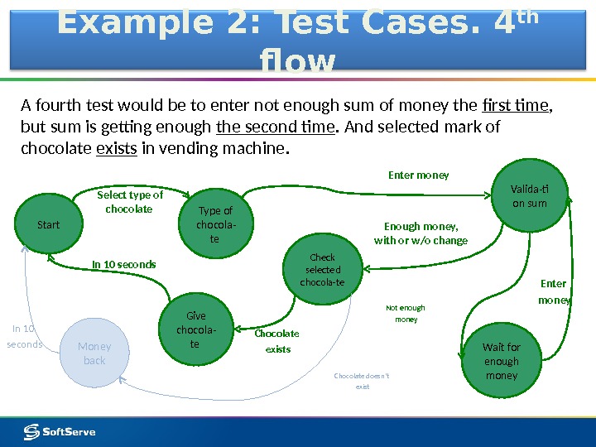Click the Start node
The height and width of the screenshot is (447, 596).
tap(49, 224)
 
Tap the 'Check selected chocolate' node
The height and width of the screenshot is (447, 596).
tap(322, 271)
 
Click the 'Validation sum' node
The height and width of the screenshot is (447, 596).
tap(529, 195)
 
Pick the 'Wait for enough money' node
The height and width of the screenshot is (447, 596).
tap(501, 361)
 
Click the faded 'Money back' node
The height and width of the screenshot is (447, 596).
tap(94, 353)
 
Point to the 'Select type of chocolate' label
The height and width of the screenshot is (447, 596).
tap(130, 202)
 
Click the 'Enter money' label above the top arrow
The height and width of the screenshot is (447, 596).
tap(419, 175)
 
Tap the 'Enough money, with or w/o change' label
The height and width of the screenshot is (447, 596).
tap(421, 233)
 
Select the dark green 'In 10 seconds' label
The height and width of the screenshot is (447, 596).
tap(123, 265)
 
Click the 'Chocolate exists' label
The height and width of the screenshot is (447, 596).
tap(276, 341)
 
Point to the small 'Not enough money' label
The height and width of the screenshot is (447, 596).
tap(406, 313)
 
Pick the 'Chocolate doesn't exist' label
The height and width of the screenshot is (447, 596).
tap(361, 381)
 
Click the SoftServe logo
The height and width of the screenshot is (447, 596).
tap(60, 431)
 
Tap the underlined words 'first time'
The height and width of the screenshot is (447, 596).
tap(516, 105)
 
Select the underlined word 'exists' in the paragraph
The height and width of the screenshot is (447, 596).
tap(117, 150)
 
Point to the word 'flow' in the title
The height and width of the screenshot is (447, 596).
tap(298, 62)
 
